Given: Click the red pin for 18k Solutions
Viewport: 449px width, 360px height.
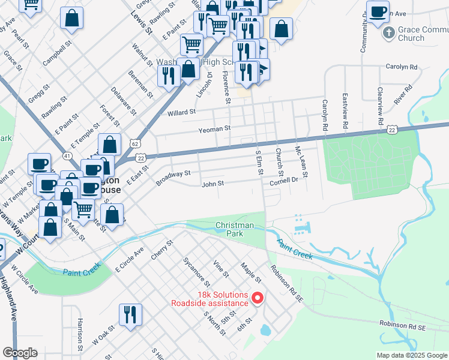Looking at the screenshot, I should pyautogui.click(x=258, y=297).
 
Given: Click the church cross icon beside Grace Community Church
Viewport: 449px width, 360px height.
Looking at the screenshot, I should pyautogui.click(x=388, y=32).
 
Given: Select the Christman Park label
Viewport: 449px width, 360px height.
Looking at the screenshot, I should pyautogui.click(x=235, y=229).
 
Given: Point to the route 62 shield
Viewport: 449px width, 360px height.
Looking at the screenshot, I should pyautogui.click(x=135, y=144).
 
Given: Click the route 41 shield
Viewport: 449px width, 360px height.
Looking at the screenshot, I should pyautogui.click(x=67, y=156).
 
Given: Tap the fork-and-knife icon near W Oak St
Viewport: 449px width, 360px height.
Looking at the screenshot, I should pyautogui.click(x=130, y=314).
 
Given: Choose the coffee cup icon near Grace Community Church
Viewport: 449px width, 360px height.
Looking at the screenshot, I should pyautogui.click(x=378, y=13).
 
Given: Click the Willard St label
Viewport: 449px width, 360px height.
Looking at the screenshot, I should pyautogui.click(x=182, y=112).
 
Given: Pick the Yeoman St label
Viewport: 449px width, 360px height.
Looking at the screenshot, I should pyautogui.click(x=215, y=129).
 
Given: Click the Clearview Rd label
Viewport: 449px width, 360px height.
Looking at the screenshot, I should pyautogui.click(x=380, y=106).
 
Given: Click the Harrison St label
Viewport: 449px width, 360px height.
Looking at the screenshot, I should pyautogui.click(x=80, y=331).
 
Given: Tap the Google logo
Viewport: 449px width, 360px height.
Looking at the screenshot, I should pyautogui.click(x=20, y=353).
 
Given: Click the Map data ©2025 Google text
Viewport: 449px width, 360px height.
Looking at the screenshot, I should pyautogui.click(x=412, y=355).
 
